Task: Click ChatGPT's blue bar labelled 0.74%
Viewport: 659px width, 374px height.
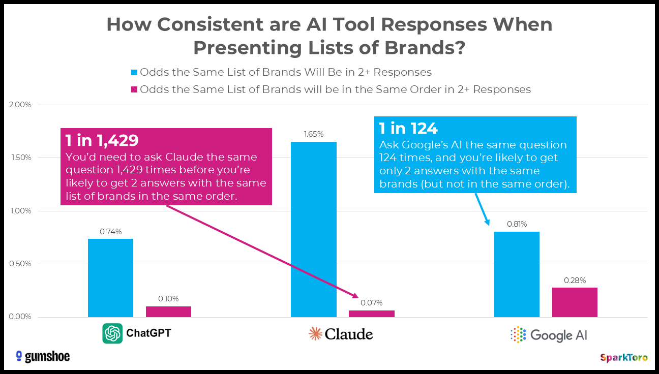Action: (x=110, y=278)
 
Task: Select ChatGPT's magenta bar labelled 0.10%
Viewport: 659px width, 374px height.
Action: (x=168, y=311)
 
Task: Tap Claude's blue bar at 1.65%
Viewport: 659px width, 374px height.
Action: (x=313, y=229)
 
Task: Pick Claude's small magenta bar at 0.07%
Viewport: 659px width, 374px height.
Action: (x=371, y=314)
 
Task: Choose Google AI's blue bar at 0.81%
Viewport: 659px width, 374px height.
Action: (x=517, y=274)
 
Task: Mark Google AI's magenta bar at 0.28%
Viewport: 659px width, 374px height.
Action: (x=575, y=302)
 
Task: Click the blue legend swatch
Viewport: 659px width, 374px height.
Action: (x=134, y=72)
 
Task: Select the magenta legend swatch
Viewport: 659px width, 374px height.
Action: (x=134, y=90)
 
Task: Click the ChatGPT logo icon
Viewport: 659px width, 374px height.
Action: (x=112, y=333)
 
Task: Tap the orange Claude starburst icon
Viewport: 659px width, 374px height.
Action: (x=316, y=333)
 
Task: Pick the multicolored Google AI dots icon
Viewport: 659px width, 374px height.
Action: (x=518, y=334)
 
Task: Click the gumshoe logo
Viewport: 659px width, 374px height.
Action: (x=43, y=356)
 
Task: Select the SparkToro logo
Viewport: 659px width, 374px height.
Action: (x=623, y=358)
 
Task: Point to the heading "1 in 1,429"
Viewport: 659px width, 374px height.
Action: (x=102, y=140)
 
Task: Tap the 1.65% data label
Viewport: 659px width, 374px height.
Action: (x=313, y=134)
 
